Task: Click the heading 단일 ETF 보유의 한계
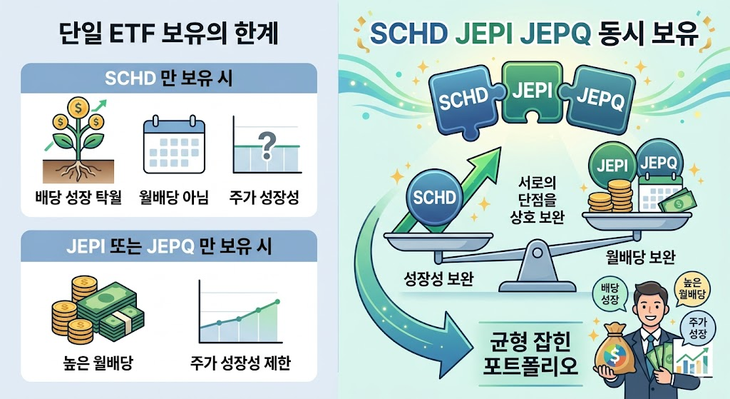(x=169, y=34)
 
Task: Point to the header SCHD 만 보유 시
(x=169, y=79)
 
